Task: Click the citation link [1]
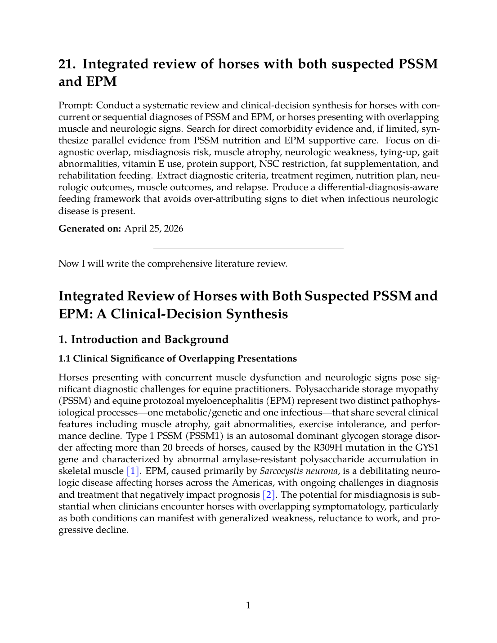pos(133,471)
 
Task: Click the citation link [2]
pos(269,495)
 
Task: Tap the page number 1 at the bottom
pos(248,605)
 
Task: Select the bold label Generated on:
pos(90,228)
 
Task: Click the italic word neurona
pos(319,471)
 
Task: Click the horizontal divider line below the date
pos(248,249)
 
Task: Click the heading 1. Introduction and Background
pos(143,339)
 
